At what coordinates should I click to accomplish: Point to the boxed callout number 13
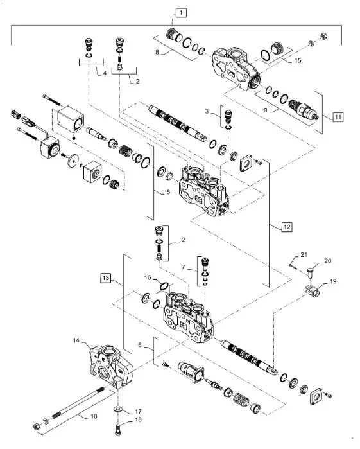[x=106, y=277]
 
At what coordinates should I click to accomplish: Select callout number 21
[x=305, y=254]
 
